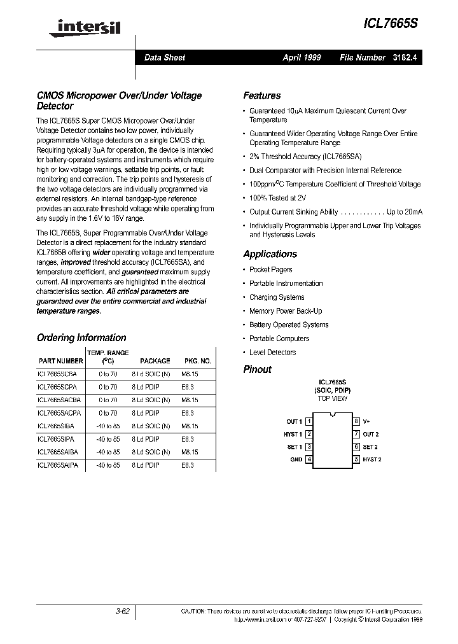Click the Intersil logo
pyautogui.click(x=80, y=26)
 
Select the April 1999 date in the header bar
pyautogui.click(x=302, y=57)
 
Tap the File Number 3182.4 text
pyautogui.click(x=380, y=57)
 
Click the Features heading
pyautogui.click(x=261, y=95)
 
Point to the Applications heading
pyautogui.click(x=270, y=254)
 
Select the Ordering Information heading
pyautogui.click(x=81, y=338)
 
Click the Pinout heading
pyautogui.click(x=257, y=369)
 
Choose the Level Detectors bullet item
pyautogui.click(x=272, y=353)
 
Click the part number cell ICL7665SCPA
pyautogui.click(x=57, y=386)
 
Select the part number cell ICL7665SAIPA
pyautogui.click(x=58, y=465)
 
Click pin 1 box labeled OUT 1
pyautogui.click(x=309, y=421)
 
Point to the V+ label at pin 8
pyautogui.click(x=367, y=421)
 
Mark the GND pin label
pyautogui.click(x=296, y=459)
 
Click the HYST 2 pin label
pyautogui.click(x=372, y=459)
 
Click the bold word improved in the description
pyautogui.click(x=75, y=262)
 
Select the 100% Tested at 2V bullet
pyautogui.click(x=277, y=198)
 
